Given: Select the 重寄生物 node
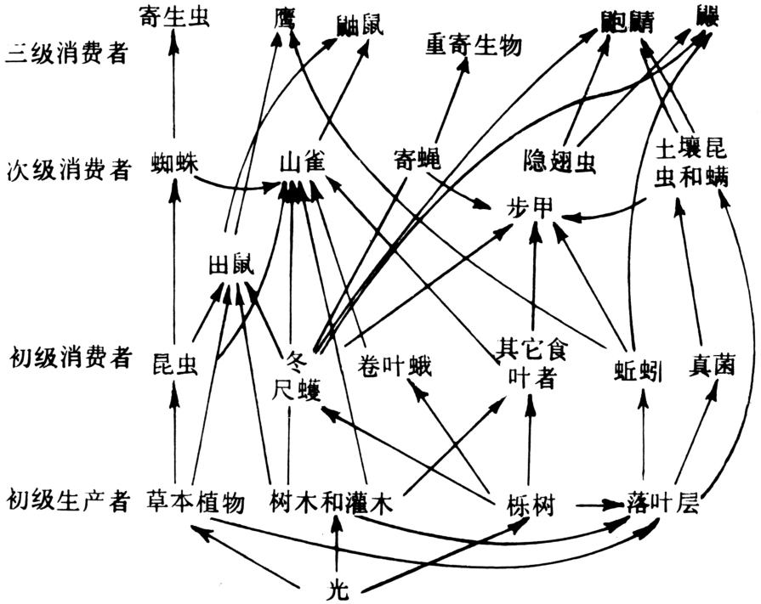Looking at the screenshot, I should coord(473,44).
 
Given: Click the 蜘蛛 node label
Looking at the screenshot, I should coord(174,161).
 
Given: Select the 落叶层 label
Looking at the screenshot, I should coord(663,501).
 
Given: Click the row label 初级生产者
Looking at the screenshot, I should coord(67,501).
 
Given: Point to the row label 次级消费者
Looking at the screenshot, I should coord(67,167).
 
